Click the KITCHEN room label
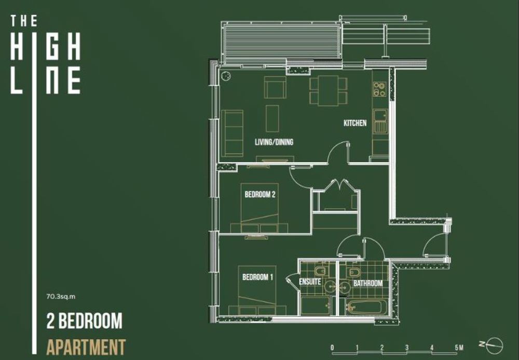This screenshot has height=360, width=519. pos(355,123)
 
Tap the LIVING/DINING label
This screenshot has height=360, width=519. pos(274,142)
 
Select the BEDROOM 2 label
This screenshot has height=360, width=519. pos(260,194)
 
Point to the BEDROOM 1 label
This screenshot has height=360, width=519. pos(257,277)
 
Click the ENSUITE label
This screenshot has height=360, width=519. pos(310,282)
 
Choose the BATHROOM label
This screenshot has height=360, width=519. pos(368,283)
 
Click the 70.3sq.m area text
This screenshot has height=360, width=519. pos(61,297)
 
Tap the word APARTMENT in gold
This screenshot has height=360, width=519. pos(86,346)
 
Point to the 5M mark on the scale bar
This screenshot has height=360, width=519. pos(459,348)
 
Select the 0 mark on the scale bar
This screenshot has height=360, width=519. pos(332,348)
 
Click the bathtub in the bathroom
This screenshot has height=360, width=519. pos(367,308)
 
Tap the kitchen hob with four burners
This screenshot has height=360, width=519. pos(380,89)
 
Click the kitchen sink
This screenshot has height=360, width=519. pos(380,121)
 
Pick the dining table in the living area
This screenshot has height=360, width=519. pos(329,90)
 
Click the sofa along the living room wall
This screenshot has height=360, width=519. pos(232,133)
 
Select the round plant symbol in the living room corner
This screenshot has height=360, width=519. pos(226,75)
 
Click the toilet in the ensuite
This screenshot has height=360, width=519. pos(320,272)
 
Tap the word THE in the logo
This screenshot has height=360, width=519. pos(24,21)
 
